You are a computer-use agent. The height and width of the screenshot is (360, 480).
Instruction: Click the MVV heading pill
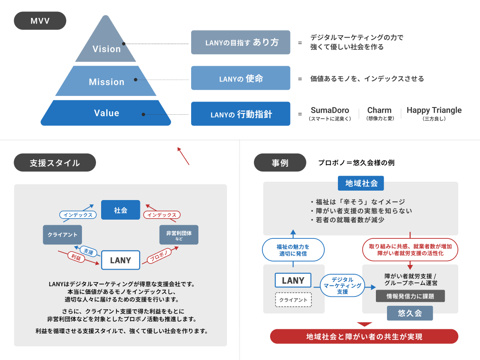40,20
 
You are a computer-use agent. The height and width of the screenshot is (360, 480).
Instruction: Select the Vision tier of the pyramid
107,48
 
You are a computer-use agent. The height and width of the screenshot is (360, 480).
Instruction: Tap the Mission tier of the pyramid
107,81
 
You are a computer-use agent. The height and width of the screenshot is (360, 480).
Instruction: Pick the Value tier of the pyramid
107,113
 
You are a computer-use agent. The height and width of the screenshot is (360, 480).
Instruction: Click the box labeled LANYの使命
241,78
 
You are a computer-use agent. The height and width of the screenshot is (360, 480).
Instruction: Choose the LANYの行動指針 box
241,114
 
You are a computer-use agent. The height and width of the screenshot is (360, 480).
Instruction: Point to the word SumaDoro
330,110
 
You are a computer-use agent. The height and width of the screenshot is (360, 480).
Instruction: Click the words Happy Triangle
434,110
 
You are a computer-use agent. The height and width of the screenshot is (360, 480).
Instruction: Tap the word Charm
379,110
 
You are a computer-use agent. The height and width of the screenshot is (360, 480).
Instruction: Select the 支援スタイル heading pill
55,163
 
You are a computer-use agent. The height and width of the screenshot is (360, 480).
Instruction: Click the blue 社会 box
120,210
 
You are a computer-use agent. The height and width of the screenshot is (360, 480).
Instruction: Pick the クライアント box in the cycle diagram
63,235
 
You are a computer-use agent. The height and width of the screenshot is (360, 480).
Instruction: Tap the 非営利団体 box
179,235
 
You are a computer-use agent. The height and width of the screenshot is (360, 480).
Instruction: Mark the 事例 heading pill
280,163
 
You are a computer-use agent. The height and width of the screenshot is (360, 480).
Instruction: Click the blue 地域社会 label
361,183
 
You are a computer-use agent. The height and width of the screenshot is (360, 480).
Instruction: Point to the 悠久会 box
410,313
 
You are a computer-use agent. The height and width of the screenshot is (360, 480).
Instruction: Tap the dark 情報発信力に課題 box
410,296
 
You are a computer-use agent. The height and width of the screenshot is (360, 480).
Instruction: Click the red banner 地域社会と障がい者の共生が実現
364,337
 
